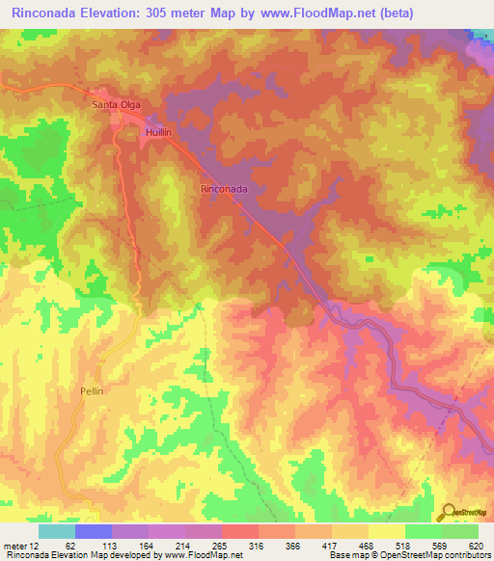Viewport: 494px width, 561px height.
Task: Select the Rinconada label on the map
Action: pos(225,190)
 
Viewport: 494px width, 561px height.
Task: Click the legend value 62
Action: pos(70,545)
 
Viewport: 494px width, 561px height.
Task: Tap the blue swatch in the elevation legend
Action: pos(93,531)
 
